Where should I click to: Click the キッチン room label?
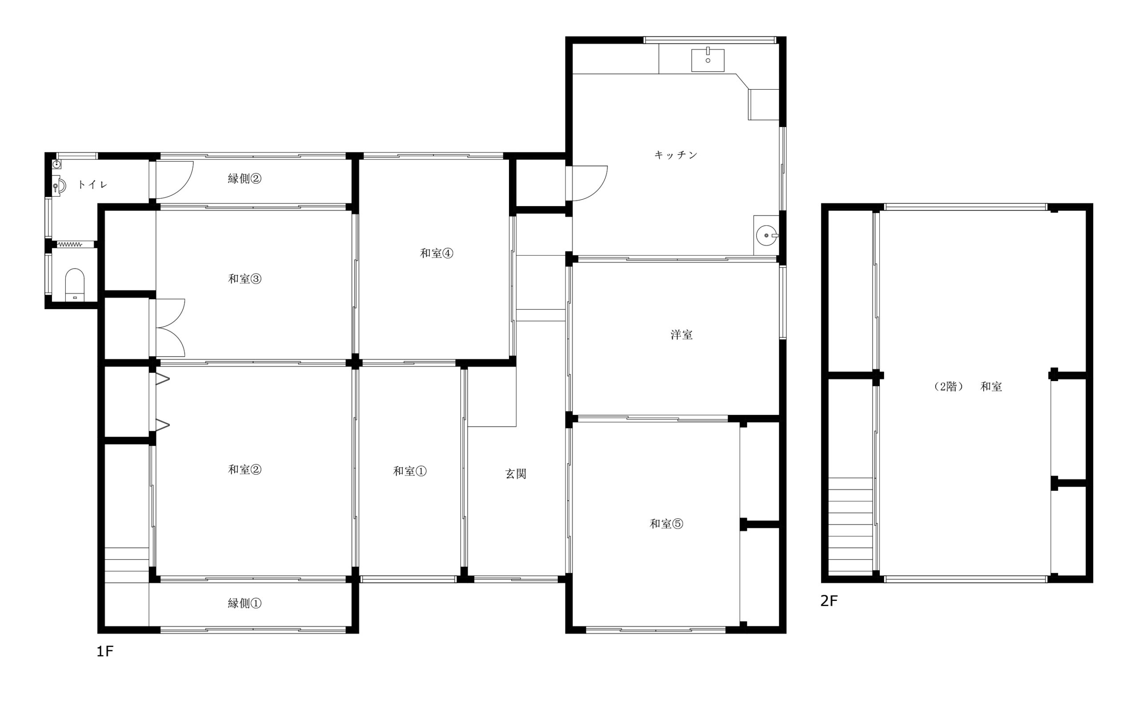click(x=675, y=155)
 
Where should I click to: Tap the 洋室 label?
click(x=681, y=335)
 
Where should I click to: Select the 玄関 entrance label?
click(x=515, y=473)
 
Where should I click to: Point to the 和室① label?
click(x=409, y=471)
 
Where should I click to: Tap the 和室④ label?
click(x=436, y=253)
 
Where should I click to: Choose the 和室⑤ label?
click(x=666, y=524)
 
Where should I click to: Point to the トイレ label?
click(x=93, y=184)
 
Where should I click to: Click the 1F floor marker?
click(x=105, y=651)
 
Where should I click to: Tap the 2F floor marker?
click(x=829, y=600)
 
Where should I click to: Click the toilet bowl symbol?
click(x=74, y=285)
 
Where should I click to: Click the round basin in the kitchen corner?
click(x=767, y=235)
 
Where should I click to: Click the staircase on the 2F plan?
click(x=850, y=525)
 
